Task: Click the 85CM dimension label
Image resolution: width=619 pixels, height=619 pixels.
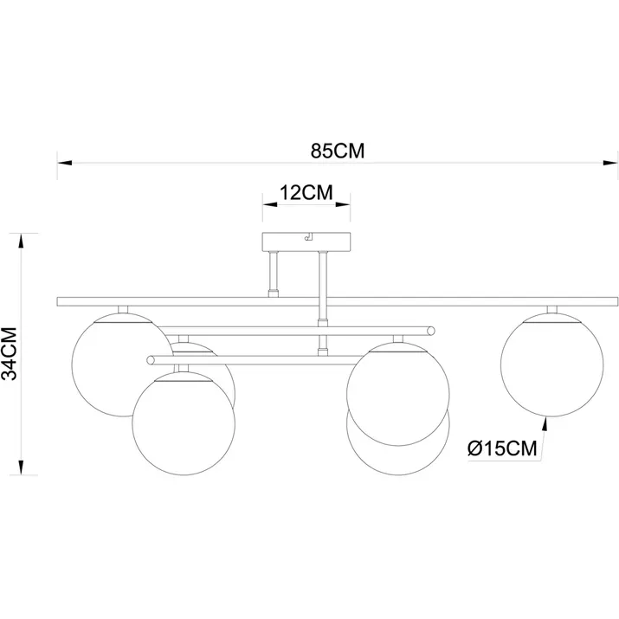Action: pos(338,151)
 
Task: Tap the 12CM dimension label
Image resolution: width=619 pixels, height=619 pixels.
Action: pos(306,193)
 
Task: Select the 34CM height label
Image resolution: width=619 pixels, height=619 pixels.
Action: pos(10,354)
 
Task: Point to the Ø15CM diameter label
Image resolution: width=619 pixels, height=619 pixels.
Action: pos(502,448)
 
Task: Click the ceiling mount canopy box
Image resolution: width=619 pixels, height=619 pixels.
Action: pos(306,242)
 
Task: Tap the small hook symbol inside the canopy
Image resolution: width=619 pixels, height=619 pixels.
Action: pos(308,236)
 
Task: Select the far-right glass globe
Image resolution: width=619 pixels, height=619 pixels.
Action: pos(551,364)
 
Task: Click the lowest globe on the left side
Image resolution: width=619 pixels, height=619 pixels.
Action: pos(184,423)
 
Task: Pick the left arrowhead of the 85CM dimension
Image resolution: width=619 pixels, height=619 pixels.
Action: pos(64,163)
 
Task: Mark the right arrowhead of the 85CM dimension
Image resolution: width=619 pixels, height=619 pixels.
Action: pos(610,163)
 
